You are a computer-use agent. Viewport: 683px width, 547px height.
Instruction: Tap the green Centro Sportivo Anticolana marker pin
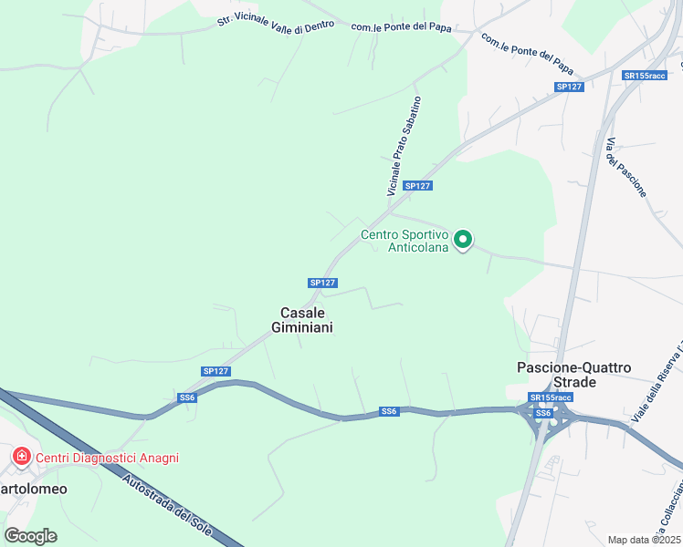(x=463, y=240)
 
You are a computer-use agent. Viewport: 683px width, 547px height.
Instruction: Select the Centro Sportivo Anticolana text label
(x=405, y=241)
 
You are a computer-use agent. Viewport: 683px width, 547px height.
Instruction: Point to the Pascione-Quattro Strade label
(x=573, y=374)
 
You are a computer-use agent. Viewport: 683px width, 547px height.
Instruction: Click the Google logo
(x=30, y=536)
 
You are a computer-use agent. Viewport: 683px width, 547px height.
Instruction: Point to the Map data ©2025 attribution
(x=645, y=540)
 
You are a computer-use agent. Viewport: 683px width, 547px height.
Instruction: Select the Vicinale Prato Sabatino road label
(x=404, y=146)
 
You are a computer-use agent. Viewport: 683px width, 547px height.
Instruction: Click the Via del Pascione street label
(x=626, y=167)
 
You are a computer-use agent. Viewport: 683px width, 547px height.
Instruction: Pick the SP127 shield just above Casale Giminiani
(x=323, y=283)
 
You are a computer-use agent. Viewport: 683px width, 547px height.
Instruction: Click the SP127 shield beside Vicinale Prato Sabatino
(x=417, y=186)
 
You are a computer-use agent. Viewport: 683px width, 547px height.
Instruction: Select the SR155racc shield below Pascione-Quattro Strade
(x=551, y=397)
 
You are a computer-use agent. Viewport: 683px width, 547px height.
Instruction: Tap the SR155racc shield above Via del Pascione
(x=645, y=76)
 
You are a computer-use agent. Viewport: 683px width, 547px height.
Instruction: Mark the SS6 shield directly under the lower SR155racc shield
(x=543, y=413)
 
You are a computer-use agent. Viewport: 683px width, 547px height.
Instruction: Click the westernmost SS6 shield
(x=187, y=397)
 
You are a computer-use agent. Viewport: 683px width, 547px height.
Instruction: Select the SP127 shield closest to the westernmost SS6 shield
(x=215, y=371)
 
